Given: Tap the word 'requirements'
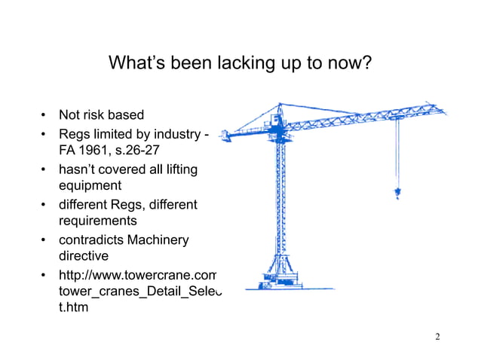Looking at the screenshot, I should coord(98,221).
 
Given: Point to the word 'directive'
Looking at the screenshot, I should coord(84,257).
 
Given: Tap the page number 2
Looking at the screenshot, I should coord(438,336).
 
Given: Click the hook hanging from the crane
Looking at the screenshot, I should coord(397,193).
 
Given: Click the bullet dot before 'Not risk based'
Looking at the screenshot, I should coord(44,116).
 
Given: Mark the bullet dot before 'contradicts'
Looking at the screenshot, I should coord(44,240).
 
